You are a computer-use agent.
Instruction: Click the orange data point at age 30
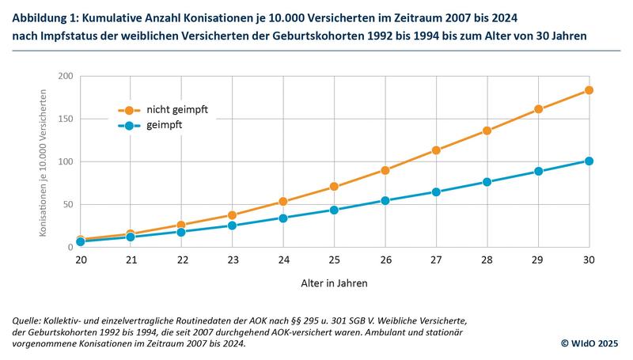(589, 90)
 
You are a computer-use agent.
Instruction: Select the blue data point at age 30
(589, 161)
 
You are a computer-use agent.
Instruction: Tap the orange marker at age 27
(436, 150)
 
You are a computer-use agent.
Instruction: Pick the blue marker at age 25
(334, 210)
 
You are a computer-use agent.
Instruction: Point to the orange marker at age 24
(283, 202)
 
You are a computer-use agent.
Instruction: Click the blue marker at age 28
(487, 182)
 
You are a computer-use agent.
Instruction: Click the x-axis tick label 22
(181, 260)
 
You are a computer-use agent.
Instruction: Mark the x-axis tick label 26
(385, 260)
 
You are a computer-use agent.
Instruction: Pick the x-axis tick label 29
(538, 260)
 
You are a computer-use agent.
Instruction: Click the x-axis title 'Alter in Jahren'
(334, 282)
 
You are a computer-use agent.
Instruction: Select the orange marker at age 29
(538, 109)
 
